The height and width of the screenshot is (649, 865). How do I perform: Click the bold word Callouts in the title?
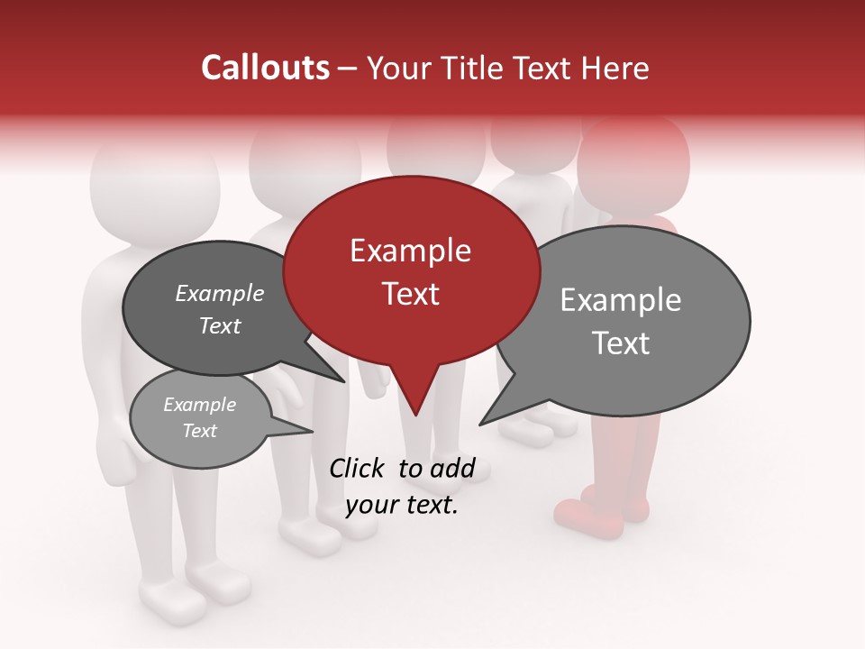click(265, 68)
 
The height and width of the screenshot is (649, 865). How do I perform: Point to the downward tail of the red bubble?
click(414, 397)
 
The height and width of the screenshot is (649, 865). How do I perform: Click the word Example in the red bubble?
click(410, 251)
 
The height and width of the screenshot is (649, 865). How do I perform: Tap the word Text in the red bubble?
click(410, 294)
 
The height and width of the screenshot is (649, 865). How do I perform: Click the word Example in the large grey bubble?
click(620, 300)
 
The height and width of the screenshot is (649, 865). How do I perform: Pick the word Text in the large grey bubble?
click(620, 343)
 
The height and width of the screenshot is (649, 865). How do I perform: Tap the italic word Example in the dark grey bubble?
click(219, 294)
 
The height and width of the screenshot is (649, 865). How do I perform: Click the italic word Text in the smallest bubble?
click(199, 431)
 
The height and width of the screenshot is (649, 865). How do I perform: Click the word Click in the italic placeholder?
click(356, 468)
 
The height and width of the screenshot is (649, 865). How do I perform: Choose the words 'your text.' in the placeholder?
click(401, 505)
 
